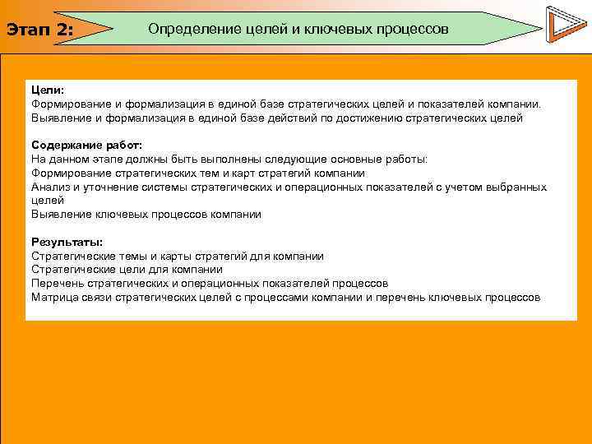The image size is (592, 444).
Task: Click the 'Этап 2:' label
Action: pos(40,30)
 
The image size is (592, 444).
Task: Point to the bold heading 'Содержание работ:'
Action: pos(86,146)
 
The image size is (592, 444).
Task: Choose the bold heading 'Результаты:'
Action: pos(67,242)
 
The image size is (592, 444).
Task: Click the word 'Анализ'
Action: pos(50,187)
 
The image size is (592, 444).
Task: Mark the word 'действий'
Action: pos(295,118)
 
